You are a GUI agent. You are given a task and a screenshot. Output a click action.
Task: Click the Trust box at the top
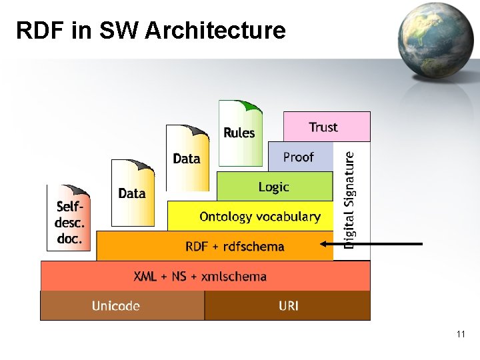(x=326, y=127)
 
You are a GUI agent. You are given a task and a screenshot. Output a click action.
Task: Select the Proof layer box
(x=300, y=157)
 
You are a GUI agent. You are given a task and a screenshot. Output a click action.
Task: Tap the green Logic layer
(x=274, y=187)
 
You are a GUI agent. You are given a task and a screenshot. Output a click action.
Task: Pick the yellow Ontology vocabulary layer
(x=259, y=217)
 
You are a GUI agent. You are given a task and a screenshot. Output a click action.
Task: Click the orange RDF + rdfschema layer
(x=235, y=247)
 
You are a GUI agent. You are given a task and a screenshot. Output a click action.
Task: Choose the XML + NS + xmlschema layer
(x=200, y=276)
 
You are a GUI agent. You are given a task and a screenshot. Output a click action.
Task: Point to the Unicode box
(x=116, y=306)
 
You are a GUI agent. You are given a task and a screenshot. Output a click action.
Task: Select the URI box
(x=288, y=306)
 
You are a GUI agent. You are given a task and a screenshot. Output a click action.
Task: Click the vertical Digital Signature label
(x=350, y=199)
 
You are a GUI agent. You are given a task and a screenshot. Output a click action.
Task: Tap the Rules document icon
(x=239, y=133)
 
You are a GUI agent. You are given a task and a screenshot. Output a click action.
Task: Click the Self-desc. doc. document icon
(x=69, y=219)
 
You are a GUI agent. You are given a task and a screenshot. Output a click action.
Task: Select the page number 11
(x=461, y=334)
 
